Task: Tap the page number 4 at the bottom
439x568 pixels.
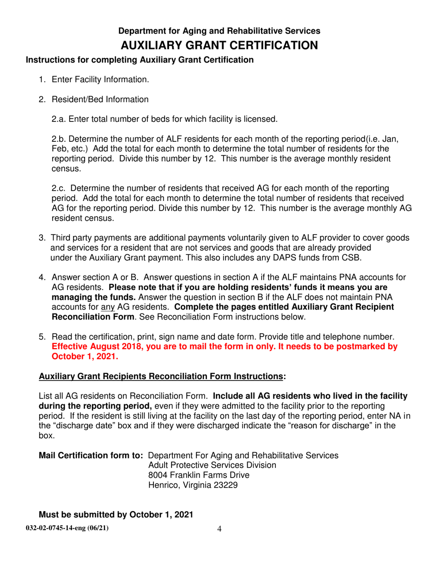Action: pos(219,529)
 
